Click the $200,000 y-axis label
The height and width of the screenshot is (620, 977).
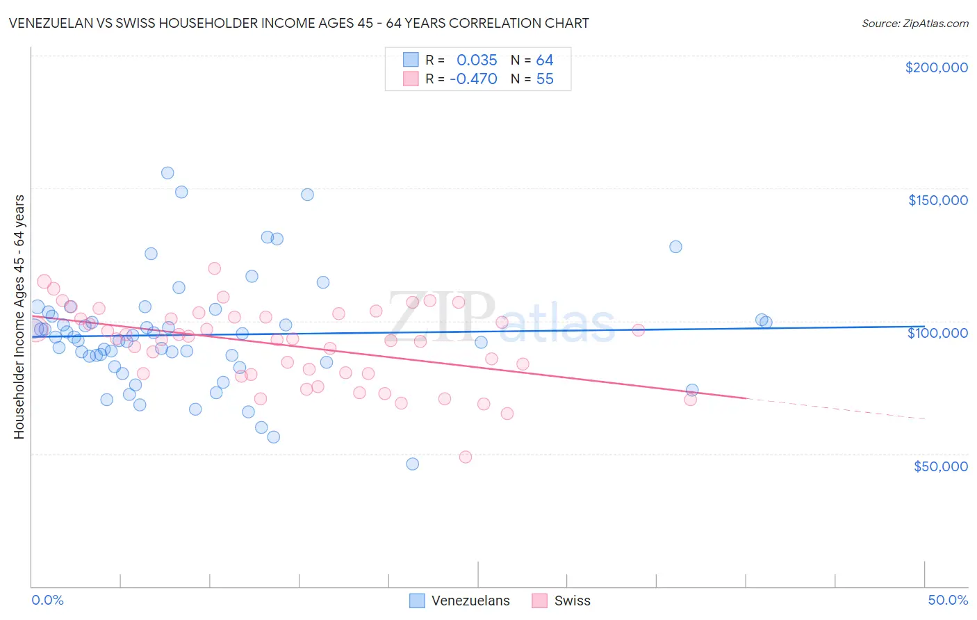936,67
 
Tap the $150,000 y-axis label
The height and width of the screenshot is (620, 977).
937,200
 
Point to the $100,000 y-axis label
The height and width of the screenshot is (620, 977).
937,333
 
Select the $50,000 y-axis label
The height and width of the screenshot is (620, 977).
940,466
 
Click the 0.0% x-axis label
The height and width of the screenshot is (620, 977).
47,600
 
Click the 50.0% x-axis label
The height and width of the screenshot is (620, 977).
948,600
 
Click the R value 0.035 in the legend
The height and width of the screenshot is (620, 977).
477,60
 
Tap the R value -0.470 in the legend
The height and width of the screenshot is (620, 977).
473,79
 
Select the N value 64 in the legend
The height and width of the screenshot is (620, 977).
545,60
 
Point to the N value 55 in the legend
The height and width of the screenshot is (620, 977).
545,79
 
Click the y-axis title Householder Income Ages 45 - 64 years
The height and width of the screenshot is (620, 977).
19,317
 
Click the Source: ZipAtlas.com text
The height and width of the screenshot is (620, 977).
914,24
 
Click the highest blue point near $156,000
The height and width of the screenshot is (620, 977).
167,173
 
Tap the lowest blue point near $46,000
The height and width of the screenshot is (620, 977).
412,464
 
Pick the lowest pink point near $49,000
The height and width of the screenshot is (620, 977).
466,457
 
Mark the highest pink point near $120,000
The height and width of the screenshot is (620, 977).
215,268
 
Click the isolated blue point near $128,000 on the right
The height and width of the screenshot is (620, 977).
675,247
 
